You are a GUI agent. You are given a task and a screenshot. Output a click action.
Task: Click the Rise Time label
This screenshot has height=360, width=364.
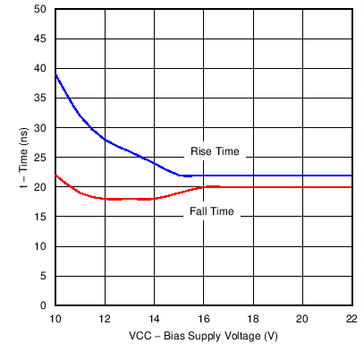[216, 151]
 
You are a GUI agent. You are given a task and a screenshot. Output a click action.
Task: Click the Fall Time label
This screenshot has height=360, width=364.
[212, 211]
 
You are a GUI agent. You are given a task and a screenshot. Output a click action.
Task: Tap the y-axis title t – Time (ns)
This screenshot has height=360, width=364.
[24, 158]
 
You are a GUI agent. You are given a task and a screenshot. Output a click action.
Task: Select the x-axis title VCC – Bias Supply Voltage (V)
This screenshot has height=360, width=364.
[203, 339]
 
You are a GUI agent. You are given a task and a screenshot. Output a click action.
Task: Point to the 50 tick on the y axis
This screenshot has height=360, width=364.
[41, 9]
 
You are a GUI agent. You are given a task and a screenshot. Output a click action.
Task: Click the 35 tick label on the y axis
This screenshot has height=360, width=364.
[41, 98]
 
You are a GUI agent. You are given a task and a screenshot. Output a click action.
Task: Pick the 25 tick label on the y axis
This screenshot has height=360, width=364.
[41, 157]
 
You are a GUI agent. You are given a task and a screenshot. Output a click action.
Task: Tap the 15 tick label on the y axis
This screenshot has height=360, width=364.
[41, 216]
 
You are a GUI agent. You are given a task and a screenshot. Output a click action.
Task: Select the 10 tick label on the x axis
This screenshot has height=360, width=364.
[55, 318]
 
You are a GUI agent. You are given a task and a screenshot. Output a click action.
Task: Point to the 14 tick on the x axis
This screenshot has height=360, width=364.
[154, 318]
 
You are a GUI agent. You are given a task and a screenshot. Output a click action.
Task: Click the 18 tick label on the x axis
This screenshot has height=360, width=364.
[252, 318]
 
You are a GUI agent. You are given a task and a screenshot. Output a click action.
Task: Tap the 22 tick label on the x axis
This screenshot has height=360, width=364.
[351, 318]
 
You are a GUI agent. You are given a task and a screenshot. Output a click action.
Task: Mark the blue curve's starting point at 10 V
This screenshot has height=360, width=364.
[55, 74]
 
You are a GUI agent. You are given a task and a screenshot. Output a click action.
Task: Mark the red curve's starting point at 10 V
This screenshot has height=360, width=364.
[55, 175]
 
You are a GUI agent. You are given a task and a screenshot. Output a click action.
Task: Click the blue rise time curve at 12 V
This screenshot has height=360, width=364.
[105, 140]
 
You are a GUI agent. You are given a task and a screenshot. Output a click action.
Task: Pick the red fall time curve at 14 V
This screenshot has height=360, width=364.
[154, 199]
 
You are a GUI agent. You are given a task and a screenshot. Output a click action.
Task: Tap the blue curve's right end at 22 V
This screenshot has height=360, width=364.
[351, 176]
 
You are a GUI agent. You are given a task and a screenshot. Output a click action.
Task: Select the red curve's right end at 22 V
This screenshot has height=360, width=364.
[351, 187]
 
